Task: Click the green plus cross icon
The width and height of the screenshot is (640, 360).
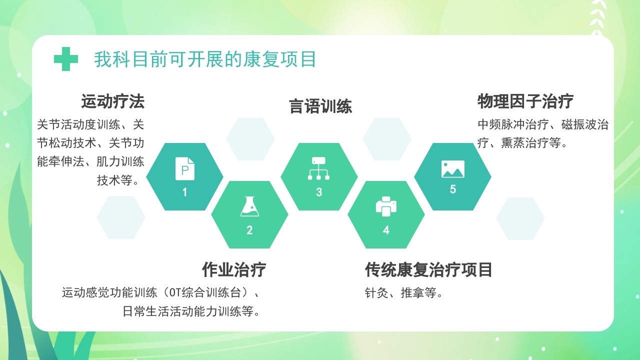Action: (66, 59)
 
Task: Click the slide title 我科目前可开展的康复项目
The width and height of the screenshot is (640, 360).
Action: (205, 59)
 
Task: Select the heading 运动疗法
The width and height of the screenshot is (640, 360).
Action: (113, 101)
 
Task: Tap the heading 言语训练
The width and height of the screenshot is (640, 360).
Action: (320, 106)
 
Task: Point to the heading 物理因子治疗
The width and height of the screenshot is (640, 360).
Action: (525, 101)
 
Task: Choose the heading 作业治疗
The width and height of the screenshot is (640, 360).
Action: (234, 269)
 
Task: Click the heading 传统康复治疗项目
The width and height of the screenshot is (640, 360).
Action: (429, 269)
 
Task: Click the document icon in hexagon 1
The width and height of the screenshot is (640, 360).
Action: (184, 169)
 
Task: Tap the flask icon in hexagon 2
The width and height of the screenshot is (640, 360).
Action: (249, 206)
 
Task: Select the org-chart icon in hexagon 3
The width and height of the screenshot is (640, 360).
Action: (319, 168)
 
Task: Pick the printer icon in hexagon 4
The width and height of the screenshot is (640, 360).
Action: (386, 206)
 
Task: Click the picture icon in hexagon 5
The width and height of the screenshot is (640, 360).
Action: (453, 169)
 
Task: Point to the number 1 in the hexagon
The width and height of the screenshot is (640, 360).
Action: (184, 192)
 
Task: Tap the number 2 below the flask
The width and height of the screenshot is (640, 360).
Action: (249, 230)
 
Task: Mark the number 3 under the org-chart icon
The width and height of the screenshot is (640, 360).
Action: (319, 192)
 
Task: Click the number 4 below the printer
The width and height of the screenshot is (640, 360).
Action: (386, 230)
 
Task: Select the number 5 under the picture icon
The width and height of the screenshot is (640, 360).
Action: (453, 189)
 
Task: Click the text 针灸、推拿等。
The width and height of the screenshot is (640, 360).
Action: (404, 293)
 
